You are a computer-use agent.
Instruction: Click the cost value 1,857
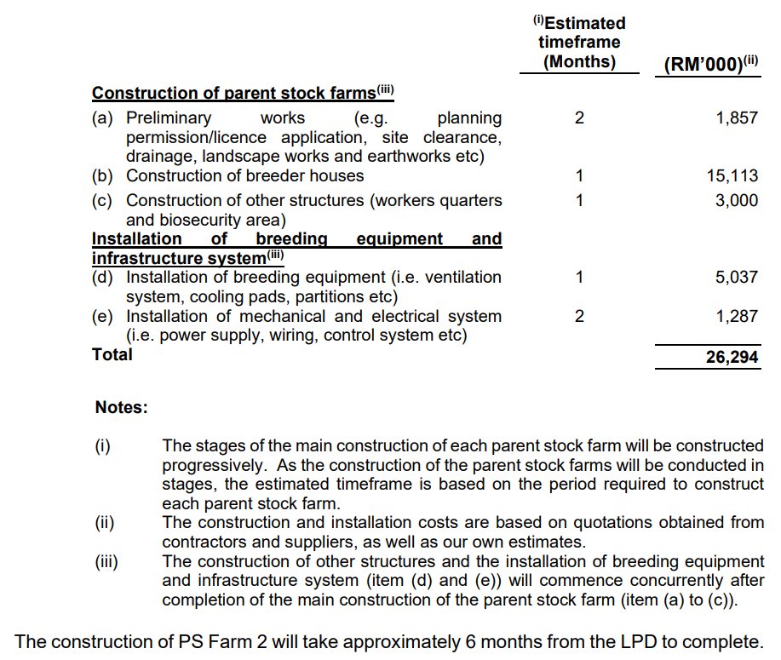pyautogui.click(x=737, y=118)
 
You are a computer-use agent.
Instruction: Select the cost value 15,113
pyautogui.click(x=732, y=176)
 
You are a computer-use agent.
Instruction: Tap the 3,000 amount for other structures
pyautogui.click(x=737, y=201)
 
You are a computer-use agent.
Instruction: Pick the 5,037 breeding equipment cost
pyautogui.click(x=737, y=278)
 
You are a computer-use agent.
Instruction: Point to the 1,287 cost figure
pyautogui.click(x=737, y=317)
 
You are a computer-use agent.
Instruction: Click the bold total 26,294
pyautogui.click(x=732, y=359)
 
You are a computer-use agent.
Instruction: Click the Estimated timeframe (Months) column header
pyautogui.click(x=579, y=43)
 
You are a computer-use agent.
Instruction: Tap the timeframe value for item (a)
pyautogui.click(x=579, y=118)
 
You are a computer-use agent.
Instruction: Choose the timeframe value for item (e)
pyautogui.click(x=579, y=317)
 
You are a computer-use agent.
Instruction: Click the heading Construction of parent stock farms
pyautogui.click(x=233, y=93)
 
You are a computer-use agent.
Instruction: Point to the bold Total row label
pyautogui.click(x=112, y=354)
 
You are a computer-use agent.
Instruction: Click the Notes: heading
pyautogui.click(x=121, y=408)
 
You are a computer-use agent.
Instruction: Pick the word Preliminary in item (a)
pyautogui.click(x=169, y=118)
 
